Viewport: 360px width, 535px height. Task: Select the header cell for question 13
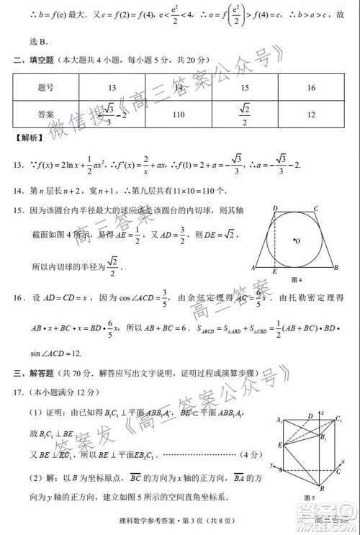[112, 88]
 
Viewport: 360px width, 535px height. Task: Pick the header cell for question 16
[311, 88]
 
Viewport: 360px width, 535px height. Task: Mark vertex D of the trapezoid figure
[275, 209]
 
